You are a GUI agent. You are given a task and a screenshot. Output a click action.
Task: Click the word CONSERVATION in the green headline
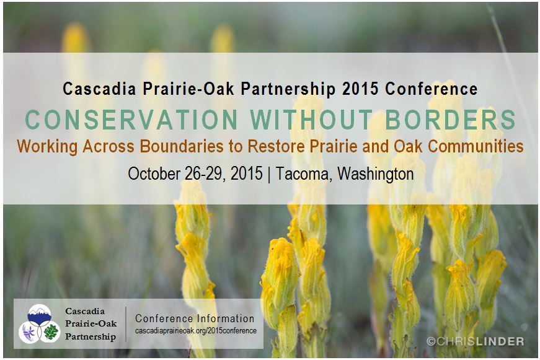(131, 120)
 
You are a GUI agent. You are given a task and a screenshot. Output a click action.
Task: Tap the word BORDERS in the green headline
(450, 120)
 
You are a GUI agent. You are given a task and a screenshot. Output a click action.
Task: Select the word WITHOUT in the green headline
(311, 120)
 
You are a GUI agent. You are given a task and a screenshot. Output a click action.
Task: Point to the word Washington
(375, 174)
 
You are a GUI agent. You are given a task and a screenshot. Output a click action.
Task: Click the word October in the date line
(154, 173)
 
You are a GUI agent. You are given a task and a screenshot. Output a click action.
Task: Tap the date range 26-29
(206, 174)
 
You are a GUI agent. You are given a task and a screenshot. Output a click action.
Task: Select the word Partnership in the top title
(288, 89)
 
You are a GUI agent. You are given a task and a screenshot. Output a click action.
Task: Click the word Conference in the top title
(432, 89)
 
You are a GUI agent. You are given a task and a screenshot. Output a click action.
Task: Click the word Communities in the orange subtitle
(476, 146)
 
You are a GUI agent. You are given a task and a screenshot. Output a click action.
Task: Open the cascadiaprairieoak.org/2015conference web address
(196, 331)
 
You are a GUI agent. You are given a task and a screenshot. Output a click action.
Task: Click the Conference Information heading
(195, 318)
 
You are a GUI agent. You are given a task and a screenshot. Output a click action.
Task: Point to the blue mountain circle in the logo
(39, 315)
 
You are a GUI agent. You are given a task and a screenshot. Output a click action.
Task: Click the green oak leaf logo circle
(50, 332)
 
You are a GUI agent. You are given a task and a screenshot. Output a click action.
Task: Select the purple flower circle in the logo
(29, 332)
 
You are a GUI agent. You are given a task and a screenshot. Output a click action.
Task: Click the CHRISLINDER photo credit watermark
(476, 341)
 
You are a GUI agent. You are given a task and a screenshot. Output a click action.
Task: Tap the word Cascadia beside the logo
(85, 311)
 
